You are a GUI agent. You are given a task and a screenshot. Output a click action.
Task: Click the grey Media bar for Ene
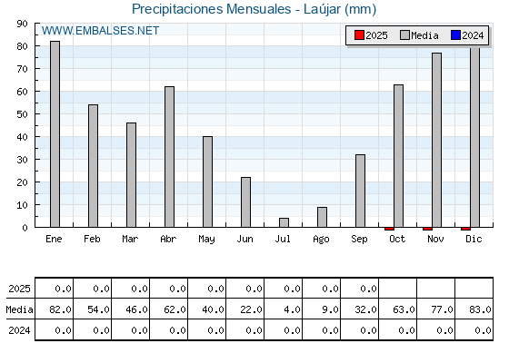(x=55, y=134)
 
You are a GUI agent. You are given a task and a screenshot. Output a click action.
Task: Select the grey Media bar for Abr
(x=169, y=157)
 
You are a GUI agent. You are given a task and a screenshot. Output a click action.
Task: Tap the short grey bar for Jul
(x=284, y=222)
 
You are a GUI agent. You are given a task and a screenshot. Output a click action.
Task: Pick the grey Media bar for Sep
(x=360, y=191)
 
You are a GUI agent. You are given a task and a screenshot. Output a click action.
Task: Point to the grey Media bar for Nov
(x=436, y=140)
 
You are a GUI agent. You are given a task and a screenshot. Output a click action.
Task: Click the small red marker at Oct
(x=389, y=229)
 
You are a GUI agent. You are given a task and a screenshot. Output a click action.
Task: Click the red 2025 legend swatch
(x=359, y=35)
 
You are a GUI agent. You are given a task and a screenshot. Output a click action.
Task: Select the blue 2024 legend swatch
(x=455, y=35)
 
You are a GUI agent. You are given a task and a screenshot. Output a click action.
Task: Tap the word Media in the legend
(x=424, y=35)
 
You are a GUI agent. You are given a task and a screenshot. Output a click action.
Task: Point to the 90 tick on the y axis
(x=22, y=24)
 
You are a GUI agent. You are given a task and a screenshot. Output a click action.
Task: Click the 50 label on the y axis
(x=22, y=114)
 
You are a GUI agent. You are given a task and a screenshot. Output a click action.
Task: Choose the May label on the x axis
(x=206, y=240)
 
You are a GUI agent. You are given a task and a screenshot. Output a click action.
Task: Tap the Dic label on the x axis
(x=474, y=239)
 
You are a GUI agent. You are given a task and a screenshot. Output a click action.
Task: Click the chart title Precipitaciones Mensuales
(x=211, y=9)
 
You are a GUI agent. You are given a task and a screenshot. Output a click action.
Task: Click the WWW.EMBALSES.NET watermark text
(x=100, y=31)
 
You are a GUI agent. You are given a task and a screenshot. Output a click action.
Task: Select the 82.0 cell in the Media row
(x=60, y=309)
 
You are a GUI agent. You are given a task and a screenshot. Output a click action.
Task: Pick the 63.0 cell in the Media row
(x=404, y=309)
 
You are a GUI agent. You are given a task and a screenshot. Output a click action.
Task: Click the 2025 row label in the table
(x=19, y=289)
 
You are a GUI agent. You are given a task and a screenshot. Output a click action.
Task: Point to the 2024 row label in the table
(x=19, y=330)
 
